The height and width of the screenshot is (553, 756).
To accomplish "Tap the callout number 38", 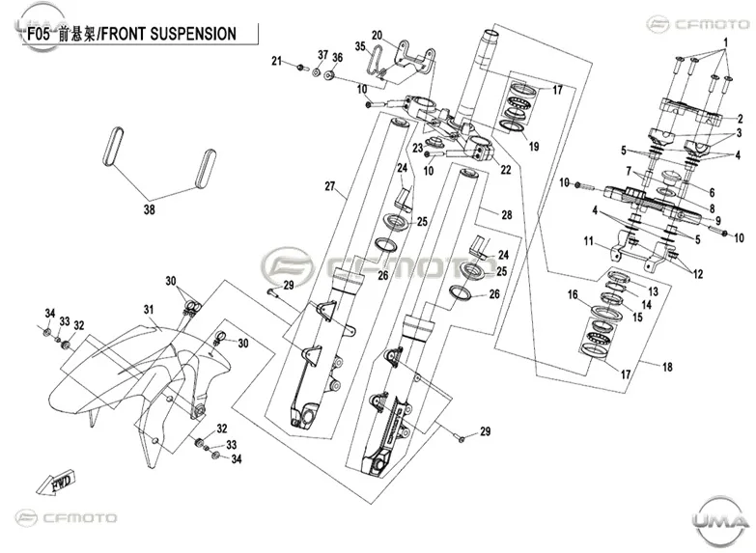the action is pyautogui.click(x=150, y=209).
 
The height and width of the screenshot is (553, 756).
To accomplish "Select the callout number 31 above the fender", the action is pyautogui.click(x=149, y=309).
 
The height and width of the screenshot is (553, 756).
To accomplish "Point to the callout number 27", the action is pyautogui.click(x=330, y=186).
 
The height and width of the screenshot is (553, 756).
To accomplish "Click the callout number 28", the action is pyautogui.click(x=506, y=214).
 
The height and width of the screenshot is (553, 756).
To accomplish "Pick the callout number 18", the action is pyautogui.click(x=667, y=367).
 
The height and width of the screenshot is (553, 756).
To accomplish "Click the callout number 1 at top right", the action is pyautogui.click(x=725, y=42).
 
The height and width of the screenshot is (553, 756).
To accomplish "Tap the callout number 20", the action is pyautogui.click(x=377, y=35).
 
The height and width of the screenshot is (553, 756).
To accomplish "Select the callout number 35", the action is pyautogui.click(x=360, y=46).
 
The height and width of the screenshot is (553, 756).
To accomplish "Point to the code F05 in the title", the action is pyautogui.click(x=39, y=34).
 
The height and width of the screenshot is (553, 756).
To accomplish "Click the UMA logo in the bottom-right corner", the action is pyautogui.click(x=721, y=518).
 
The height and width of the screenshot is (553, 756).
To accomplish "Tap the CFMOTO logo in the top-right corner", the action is pyautogui.click(x=698, y=23).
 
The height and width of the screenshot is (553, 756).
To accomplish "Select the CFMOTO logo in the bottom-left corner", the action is pyautogui.click(x=66, y=518).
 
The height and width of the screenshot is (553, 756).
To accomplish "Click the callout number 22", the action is pyautogui.click(x=505, y=170).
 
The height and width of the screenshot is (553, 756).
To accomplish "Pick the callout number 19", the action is pyautogui.click(x=534, y=146).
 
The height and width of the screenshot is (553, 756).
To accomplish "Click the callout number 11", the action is pyautogui.click(x=588, y=240).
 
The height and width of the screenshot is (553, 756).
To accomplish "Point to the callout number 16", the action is pyautogui.click(x=573, y=294).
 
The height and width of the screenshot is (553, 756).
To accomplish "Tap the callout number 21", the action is pyautogui.click(x=276, y=61).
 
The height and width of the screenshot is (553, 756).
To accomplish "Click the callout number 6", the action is pyautogui.click(x=712, y=192).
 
